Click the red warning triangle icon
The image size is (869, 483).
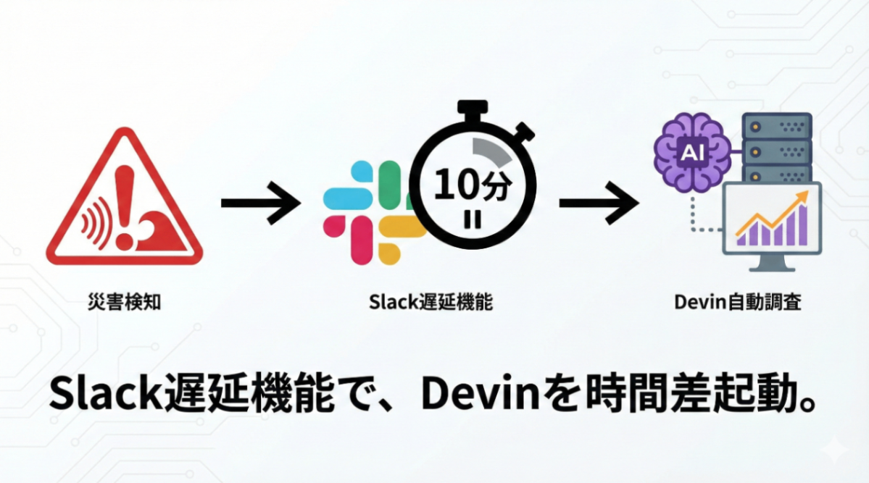[x=124, y=203]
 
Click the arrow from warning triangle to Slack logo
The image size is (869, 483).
[x=259, y=203]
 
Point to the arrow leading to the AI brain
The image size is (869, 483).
[x=597, y=203]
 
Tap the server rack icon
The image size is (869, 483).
[x=778, y=148]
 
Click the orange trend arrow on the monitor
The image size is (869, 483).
[x=771, y=213]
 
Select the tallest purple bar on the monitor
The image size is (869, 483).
[x=801, y=224]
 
